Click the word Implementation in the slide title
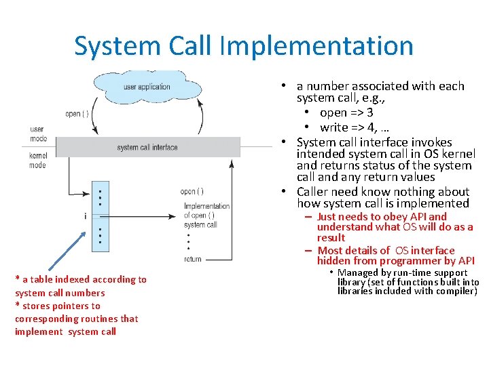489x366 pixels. pyautogui.click(x=316, y=46)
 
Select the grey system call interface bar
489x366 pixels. pyautogui.click(x=147, y=147)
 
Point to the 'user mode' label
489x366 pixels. pyautogui.click(x=38, y=134)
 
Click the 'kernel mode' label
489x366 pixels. pyautogui.click(x=38, y=161)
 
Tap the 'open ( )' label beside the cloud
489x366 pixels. pyautogui.click(x=77, y=114)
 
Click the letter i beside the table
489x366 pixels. pyautogui.click(x=85, y=216)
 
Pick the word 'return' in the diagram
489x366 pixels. pyautogui.click(x=192, y=259)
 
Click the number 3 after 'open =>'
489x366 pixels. pyautogui.click(x=369, y=113)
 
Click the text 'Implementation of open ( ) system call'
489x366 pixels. pyautogui.click(x=206, y=216)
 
